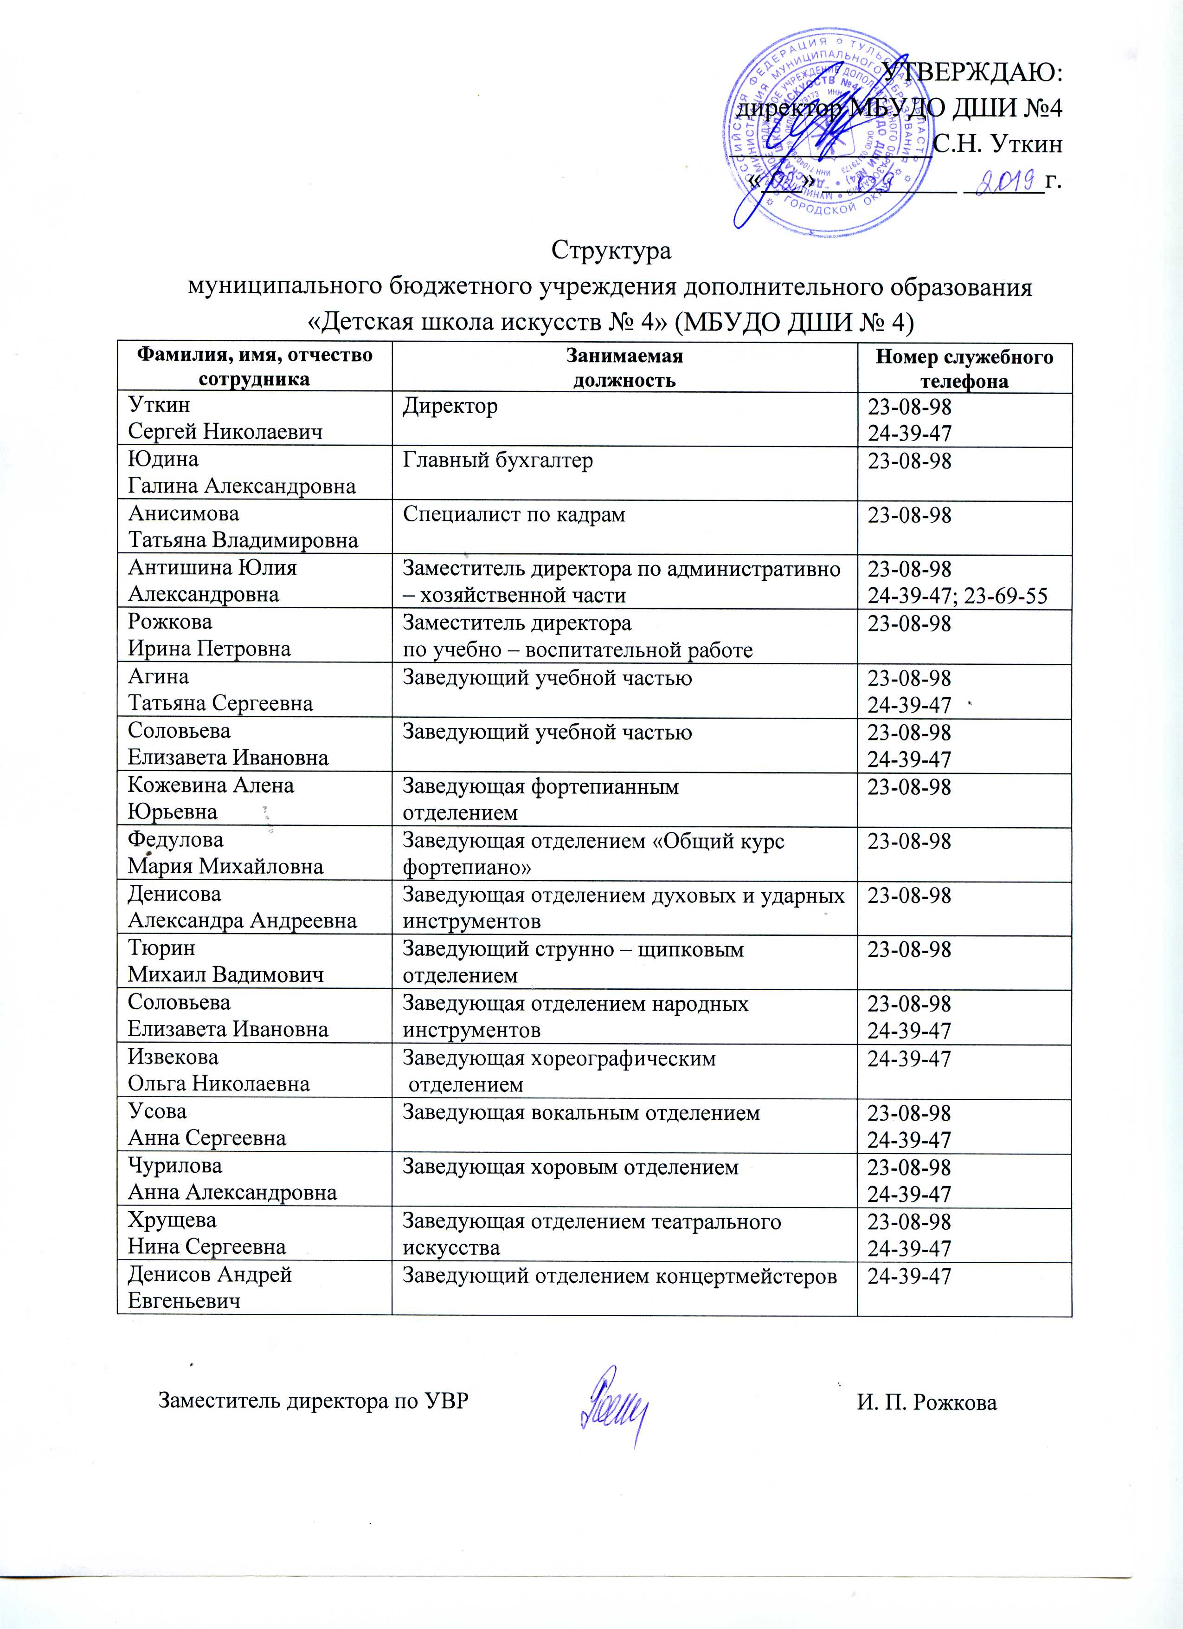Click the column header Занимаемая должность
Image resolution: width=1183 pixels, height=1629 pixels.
(624, 367)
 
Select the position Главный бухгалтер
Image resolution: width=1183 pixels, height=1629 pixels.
(497, 461)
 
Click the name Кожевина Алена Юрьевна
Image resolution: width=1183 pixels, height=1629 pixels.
(211, 798)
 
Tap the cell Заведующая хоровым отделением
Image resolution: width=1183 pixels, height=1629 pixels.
(570, 1167)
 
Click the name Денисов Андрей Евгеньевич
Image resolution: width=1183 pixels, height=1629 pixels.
(210, 1287)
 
